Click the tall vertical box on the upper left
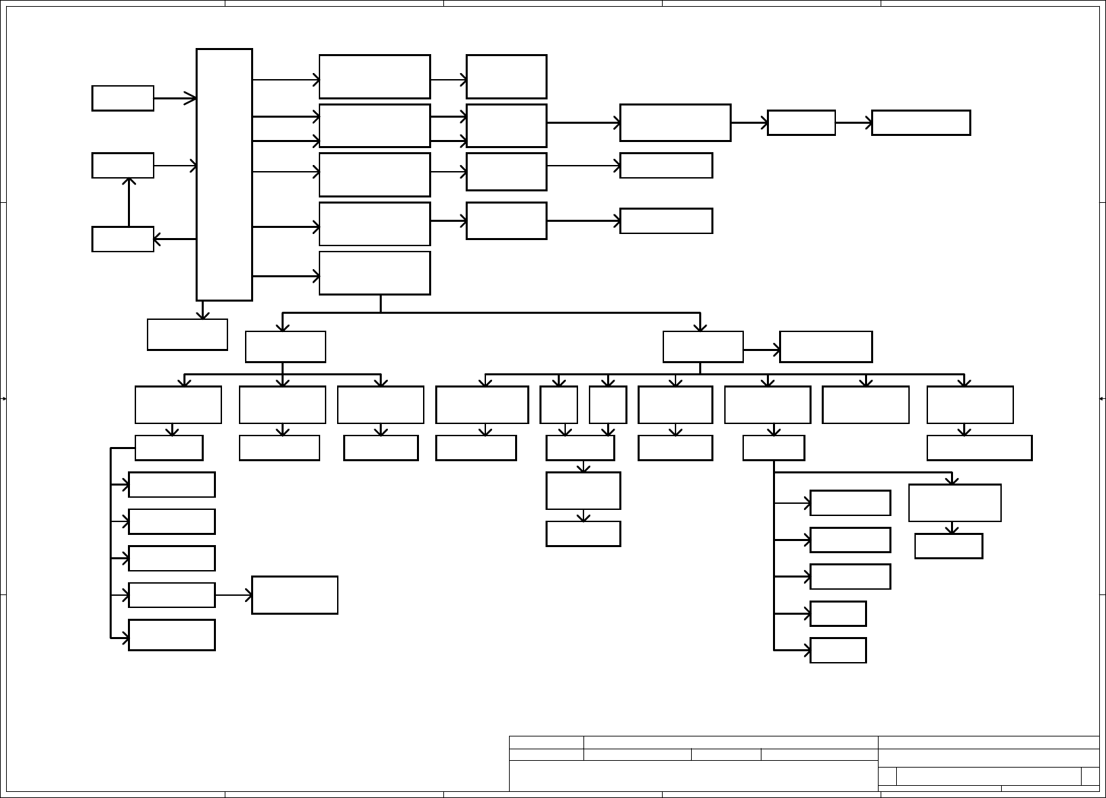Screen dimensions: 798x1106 224,174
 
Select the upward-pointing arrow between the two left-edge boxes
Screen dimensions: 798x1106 129,202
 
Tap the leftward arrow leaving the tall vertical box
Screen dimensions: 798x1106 175,239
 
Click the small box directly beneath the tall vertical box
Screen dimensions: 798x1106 187,335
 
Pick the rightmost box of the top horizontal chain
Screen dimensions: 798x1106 921,123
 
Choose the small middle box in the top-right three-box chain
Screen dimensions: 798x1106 801,123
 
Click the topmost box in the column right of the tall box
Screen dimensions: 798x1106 374,76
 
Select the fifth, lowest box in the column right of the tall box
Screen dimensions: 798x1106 374,273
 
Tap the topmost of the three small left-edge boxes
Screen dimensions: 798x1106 123,98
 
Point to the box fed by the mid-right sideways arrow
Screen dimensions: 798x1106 826,347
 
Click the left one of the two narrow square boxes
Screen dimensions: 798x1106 558,405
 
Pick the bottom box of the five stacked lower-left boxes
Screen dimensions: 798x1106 172,635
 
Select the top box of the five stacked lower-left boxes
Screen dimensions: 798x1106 172,485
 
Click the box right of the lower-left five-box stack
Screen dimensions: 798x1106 294,595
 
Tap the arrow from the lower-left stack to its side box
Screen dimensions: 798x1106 234,595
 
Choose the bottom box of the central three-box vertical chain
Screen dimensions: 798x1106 583,534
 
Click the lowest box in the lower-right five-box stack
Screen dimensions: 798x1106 838,651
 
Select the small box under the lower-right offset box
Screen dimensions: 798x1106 948,546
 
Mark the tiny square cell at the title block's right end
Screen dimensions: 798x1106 1090,776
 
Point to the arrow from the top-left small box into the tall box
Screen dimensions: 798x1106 175,98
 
